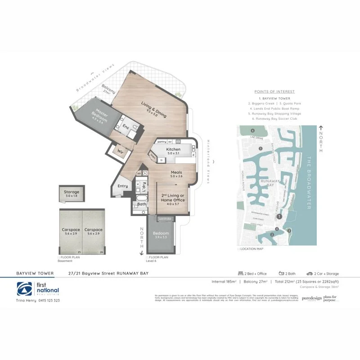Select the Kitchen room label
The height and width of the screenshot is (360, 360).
[173, 149]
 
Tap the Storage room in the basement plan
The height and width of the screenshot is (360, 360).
[71, 194]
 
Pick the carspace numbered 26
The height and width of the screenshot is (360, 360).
[94, 232]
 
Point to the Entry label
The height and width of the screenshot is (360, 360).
[122, 186]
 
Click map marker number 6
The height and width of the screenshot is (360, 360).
[253, 130]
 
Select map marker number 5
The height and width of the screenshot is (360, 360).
[260, 148]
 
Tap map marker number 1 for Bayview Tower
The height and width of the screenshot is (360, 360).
[279, 216]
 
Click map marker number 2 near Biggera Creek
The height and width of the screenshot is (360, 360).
[271, 234]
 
